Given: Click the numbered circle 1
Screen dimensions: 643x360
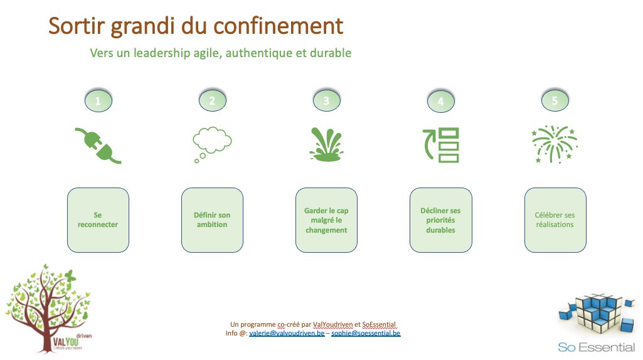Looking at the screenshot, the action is (98, 101).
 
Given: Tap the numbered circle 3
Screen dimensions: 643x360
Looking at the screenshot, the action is (326, 100).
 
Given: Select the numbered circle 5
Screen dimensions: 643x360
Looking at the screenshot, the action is (555, 100).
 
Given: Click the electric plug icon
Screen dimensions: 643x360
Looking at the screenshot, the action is (98, 146).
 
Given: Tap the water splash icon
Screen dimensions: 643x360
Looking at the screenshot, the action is (326, 144).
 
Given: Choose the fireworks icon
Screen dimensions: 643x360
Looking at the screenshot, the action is (555, 144).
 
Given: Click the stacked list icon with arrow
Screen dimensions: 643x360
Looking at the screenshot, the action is (441, 145).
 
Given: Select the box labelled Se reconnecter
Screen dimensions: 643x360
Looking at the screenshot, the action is (98, 220).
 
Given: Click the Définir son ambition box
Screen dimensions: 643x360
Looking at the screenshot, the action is (212, 220).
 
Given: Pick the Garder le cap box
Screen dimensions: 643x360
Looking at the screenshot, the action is (326, 220).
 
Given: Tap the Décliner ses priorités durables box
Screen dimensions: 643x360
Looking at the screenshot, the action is (441, 220).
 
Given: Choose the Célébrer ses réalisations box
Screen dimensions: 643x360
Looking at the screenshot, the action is (555, 220).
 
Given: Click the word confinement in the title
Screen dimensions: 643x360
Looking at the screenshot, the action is (278, 26).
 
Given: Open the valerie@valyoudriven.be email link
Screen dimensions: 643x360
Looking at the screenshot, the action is (287, 334).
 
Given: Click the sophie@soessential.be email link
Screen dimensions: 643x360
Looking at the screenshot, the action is (366, 334).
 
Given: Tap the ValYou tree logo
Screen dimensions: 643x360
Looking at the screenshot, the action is (48, 309).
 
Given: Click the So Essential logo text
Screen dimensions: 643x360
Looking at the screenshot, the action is (596, 347).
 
